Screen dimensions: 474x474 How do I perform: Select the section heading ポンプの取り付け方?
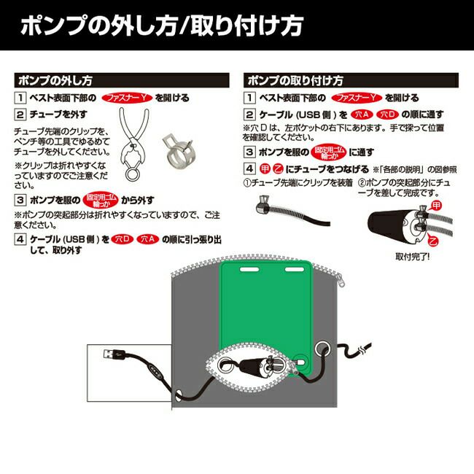pos(295,79)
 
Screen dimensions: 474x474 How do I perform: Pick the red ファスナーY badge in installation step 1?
pos(357,97)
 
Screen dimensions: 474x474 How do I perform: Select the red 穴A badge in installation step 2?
pos(362,115)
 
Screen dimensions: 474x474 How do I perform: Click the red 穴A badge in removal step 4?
pos(149,238)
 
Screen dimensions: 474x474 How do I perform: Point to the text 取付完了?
pos(413,257)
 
